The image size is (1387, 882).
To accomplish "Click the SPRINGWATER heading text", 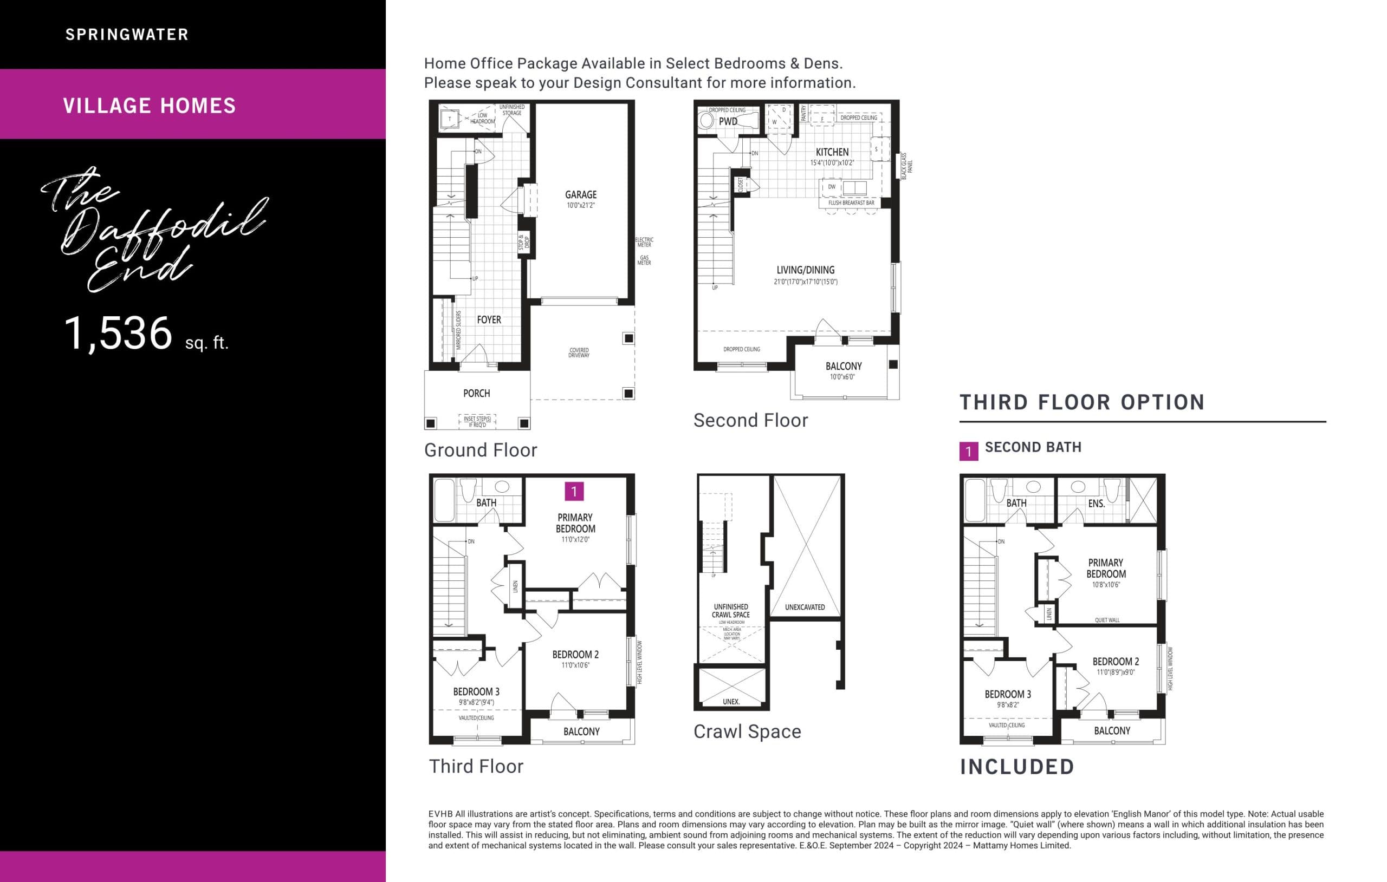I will click(127, 35).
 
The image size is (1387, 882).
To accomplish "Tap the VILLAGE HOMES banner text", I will click(149, 106).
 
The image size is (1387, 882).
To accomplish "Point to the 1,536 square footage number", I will click(118, 334).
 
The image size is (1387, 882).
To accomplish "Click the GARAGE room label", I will click(580, 195).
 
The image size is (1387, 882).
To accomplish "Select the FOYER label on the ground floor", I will click(489, 320).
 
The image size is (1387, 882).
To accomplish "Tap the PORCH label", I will click(476, 394).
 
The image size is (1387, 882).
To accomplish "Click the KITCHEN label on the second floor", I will click(832, 153).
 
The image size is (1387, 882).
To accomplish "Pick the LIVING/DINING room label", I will click(805, 271).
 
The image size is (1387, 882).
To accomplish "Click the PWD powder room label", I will click(728, 121).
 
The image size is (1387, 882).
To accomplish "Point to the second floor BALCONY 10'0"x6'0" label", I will click(843, 367).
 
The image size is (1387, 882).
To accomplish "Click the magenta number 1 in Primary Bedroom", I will click(574, 491).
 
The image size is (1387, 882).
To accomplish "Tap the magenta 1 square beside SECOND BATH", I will click(968, 452).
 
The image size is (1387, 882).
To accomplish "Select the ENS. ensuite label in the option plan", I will click(1096, 504).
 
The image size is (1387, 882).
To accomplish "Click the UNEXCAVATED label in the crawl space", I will click(804, 607).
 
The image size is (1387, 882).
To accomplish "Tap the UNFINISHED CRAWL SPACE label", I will click(730, 611).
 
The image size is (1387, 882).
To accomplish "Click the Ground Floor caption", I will click(481, 450).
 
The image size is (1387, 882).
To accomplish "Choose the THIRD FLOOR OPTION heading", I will click(1082, 402).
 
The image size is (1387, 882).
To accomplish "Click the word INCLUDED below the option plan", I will click(1016, 767).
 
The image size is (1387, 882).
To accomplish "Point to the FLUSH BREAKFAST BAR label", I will click(851, 203).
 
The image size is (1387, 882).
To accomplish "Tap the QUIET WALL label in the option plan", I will click(1106, 620).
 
